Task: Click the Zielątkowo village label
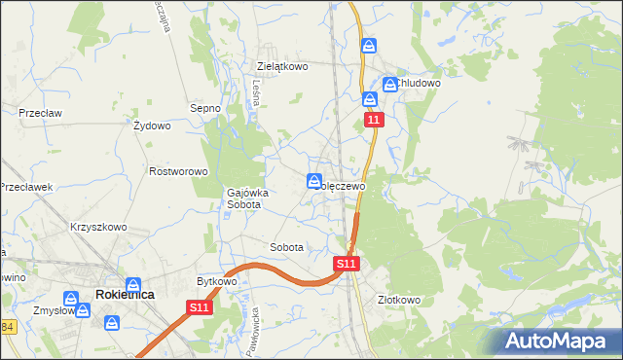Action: [282, 66]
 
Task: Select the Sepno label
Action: [205, 108]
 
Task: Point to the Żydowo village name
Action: [152, 126]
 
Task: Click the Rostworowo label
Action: [178, 171]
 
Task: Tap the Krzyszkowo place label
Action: [98, 227]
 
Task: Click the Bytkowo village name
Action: [217, 281]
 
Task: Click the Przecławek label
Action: [26, 187]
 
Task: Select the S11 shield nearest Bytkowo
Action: [199, 307]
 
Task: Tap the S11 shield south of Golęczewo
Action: [348, 263]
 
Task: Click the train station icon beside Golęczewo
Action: [314, 180]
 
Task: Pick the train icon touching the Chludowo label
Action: [390, 85]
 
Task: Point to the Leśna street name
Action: [255, 91]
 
